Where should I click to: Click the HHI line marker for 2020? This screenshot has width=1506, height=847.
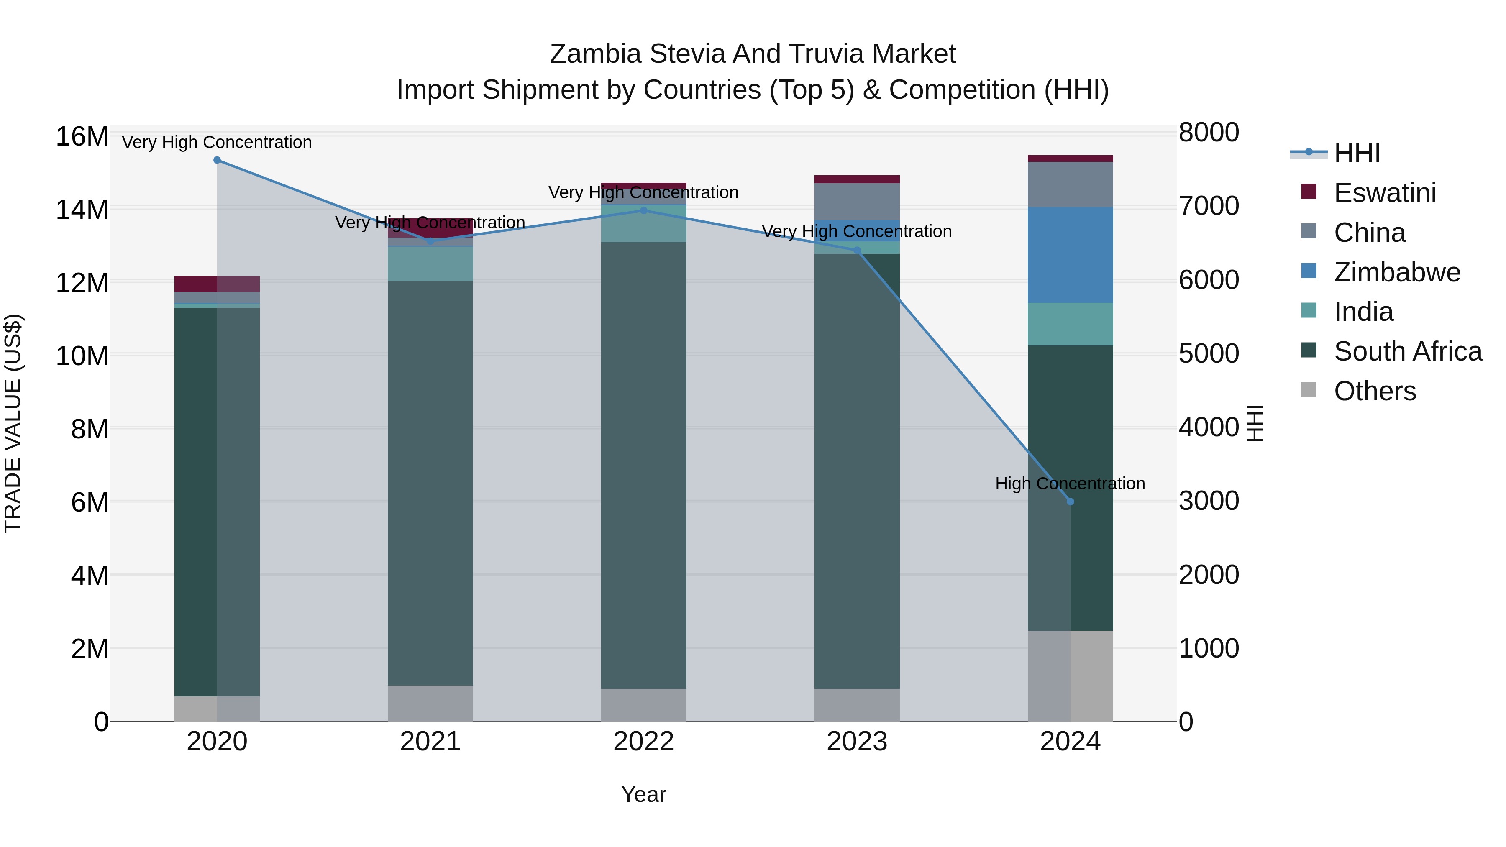point(217,160)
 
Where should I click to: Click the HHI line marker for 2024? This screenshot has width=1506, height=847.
point(1071,502)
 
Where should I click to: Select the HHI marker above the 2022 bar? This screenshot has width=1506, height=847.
point(644,210)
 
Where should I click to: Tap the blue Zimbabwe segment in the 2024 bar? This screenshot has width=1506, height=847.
point(1071,255)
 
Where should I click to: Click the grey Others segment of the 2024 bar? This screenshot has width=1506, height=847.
point(1071,676)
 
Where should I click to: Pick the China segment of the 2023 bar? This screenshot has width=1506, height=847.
point(857,201)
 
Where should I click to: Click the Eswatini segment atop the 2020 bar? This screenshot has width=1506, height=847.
point(217,284)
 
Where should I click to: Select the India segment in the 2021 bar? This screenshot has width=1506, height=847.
point(430,264)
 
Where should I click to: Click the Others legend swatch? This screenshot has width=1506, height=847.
point(1309,390)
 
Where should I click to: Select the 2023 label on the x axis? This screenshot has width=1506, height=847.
point(857,741)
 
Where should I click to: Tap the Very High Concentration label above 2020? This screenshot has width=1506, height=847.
point(217,142)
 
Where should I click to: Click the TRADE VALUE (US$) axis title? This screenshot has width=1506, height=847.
point(13,423)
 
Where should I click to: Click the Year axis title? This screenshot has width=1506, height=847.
point(644,794)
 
